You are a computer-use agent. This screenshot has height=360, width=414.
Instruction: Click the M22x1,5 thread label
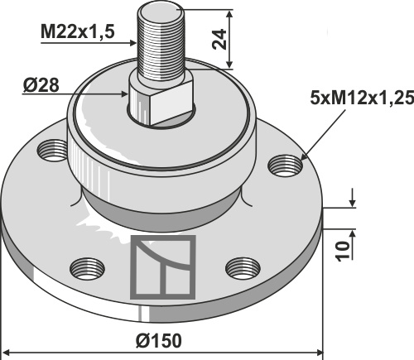(77, 31)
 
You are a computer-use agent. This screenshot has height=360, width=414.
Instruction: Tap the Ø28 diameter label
(41, 85)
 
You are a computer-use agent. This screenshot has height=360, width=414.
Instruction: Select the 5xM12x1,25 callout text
(362, 98)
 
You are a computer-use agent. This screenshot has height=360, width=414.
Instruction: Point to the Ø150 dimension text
(159, 341)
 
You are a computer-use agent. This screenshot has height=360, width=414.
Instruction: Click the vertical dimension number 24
(219, 39)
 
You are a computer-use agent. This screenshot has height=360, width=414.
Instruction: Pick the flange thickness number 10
(342, 251)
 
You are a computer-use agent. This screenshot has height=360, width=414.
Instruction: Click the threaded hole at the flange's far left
(52, 151)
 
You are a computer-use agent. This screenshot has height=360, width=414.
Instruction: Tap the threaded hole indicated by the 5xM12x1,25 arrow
(286, 166)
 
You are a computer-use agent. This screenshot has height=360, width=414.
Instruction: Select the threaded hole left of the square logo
(87, 268)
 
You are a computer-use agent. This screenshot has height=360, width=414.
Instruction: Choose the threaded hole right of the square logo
(243, 268)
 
